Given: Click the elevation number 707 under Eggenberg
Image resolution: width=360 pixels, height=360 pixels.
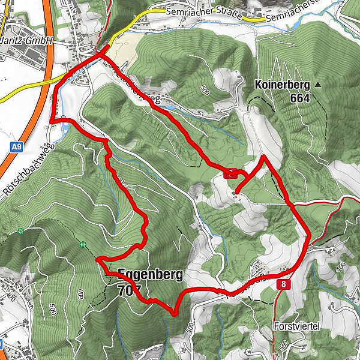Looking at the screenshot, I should click(x=130, y=290).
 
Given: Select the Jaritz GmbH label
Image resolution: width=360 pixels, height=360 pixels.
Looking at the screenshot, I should click(x=27, y=41).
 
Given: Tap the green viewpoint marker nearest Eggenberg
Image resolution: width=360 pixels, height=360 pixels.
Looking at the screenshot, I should click(x=82, y=244).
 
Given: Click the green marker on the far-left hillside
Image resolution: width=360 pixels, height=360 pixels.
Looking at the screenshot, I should click(x=20, y=231).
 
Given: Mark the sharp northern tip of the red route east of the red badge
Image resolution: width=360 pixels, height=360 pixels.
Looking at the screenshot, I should click(x=263, y=156).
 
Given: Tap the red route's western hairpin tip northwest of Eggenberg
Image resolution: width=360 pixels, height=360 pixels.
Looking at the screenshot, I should click(x=97, y=259).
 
